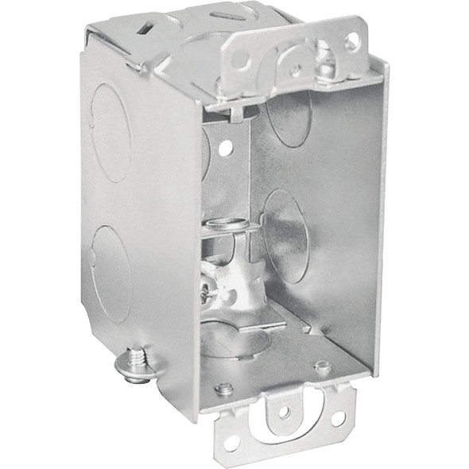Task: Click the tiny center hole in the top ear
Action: click(295, 70)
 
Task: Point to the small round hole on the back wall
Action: click(226, 149)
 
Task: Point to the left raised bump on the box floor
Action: click(226, 388)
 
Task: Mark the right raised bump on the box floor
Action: click(322, 366)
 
